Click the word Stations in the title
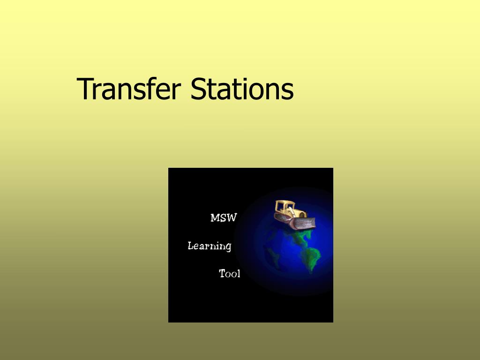[241, 89]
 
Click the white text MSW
[224, 218]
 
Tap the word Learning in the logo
[210, 246]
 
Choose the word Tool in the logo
[230, 274]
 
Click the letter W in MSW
[232, 218]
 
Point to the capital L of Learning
[191, 246]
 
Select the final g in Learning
[228, 247]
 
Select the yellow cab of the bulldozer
[284, 207]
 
